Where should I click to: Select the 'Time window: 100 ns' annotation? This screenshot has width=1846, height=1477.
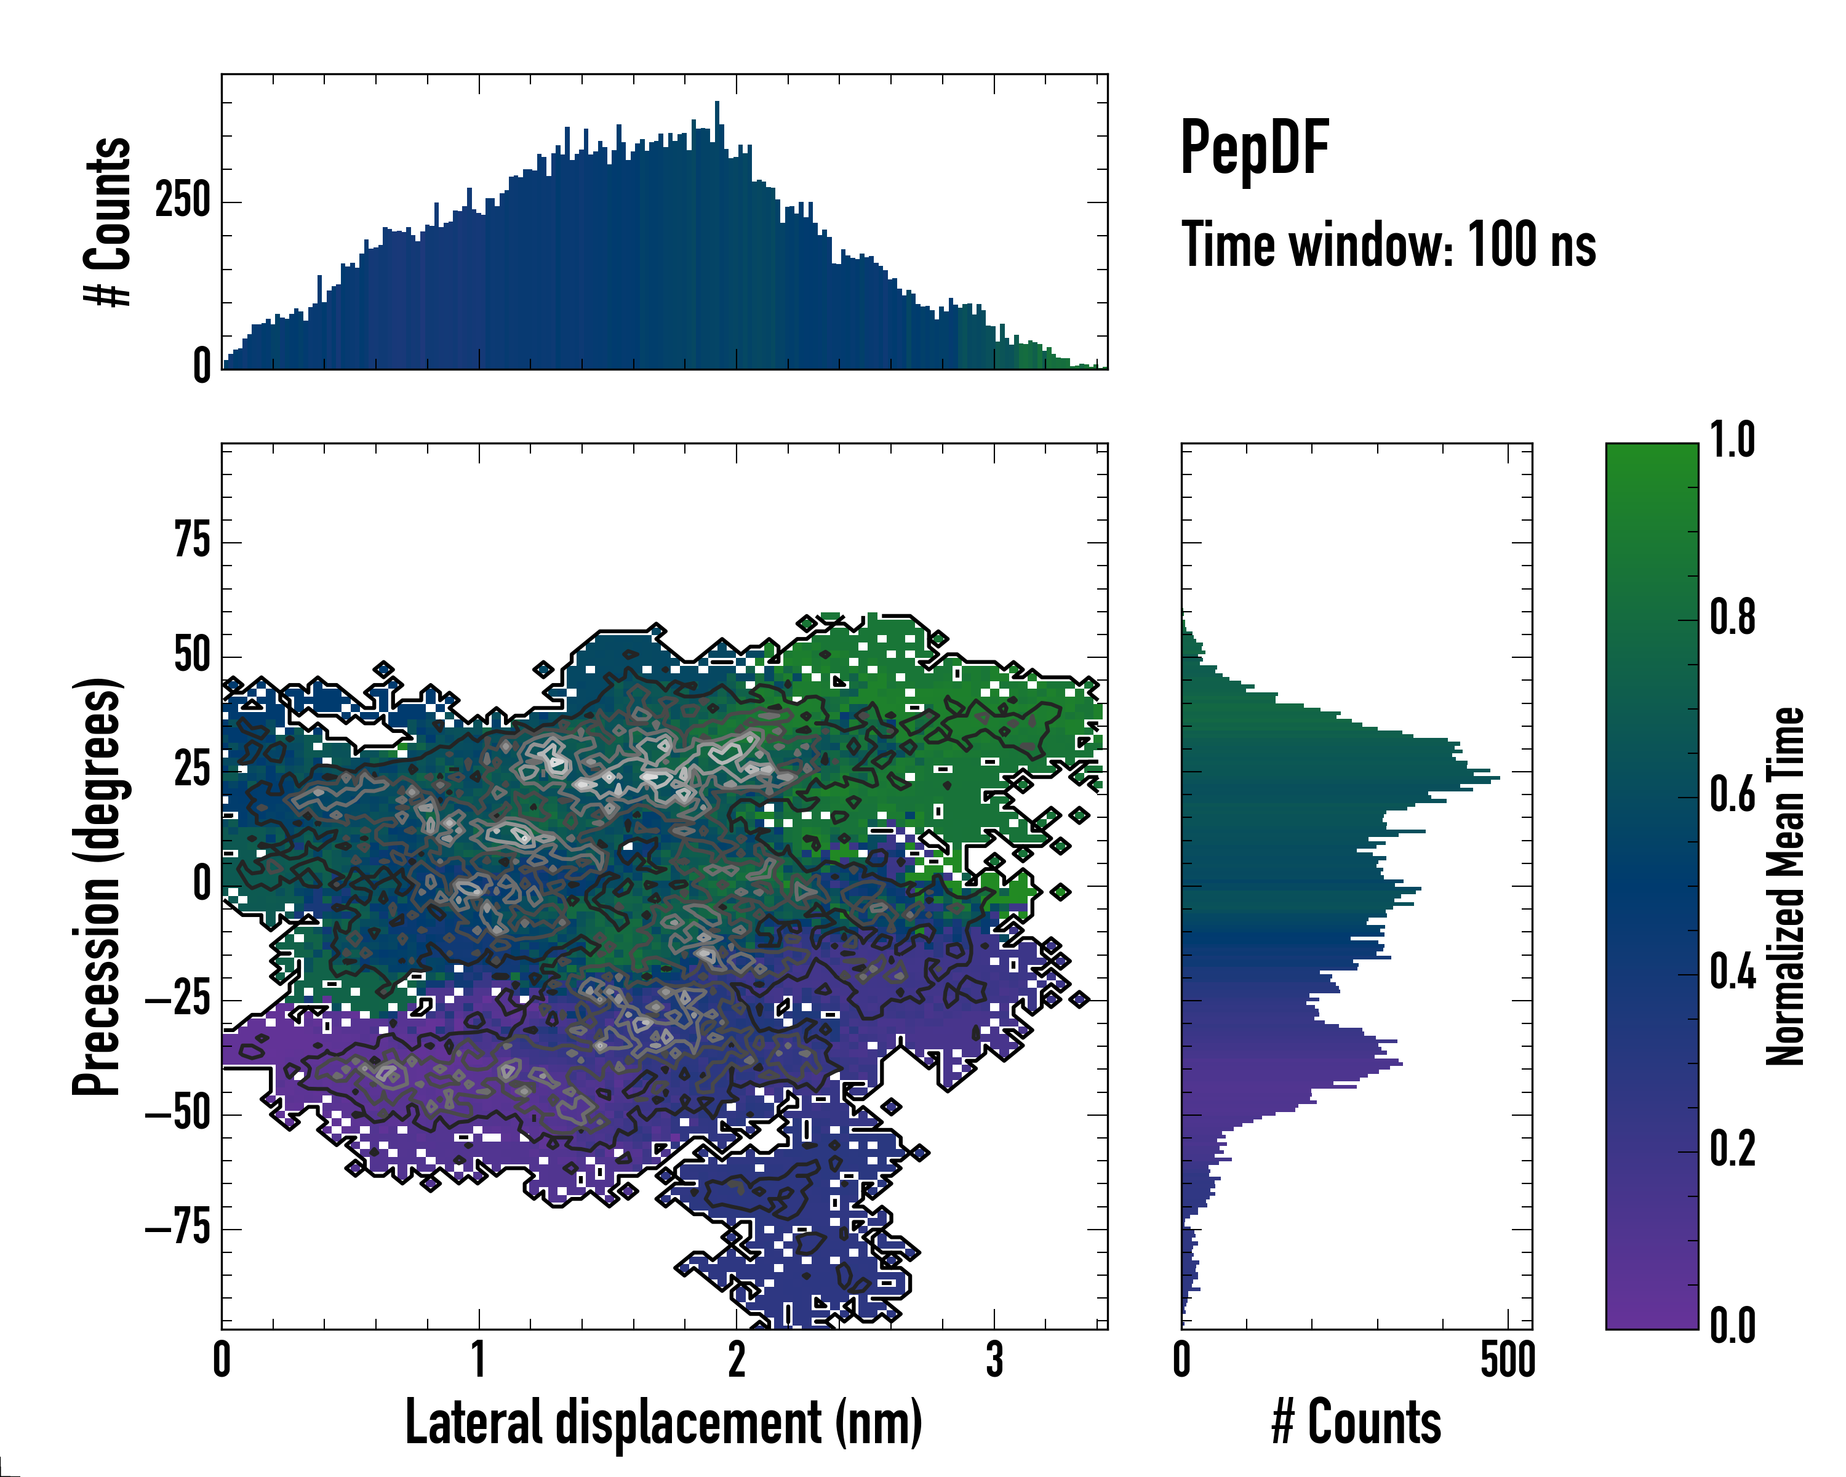point(1388,245)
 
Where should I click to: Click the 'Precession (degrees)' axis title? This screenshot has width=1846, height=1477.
point(96,886)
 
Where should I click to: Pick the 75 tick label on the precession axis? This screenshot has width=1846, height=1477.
point(192,542)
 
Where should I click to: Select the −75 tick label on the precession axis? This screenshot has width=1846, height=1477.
point(178,1229)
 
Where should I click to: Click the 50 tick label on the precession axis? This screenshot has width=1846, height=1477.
point(192,657)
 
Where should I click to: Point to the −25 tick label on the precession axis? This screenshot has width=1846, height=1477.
point(178,1000)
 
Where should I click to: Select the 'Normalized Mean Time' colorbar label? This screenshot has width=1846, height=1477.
point(1785,886)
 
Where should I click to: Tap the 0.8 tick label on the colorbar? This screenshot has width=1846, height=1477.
point(1732,618)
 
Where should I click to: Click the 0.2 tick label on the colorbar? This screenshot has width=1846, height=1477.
point(1732,1150)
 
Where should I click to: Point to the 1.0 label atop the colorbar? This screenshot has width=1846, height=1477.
point(1732,441)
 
